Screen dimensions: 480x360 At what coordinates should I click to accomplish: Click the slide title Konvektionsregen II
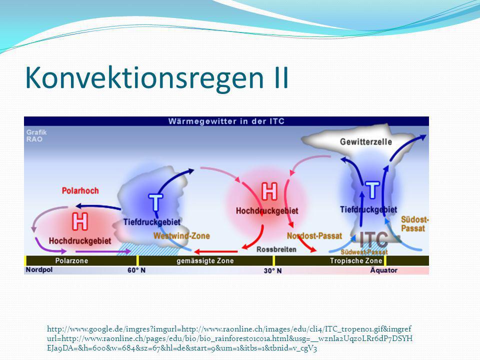(156, 78)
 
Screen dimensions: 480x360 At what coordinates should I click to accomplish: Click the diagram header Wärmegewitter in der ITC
(226, 121)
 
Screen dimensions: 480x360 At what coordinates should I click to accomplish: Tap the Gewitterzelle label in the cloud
(366, 141)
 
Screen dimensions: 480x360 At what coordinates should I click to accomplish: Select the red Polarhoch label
(80, 190)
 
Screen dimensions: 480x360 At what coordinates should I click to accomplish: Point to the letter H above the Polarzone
(80, 221)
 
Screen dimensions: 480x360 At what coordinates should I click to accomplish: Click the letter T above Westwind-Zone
(155, 202)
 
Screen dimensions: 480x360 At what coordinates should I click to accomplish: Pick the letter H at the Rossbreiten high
(269, 191)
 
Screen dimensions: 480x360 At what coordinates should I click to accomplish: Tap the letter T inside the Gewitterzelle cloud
(372, 190)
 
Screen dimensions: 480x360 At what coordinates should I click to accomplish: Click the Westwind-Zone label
(181, 235)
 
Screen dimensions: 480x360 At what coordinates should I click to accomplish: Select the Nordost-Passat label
(314, 236)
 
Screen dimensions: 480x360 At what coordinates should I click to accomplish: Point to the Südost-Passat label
(415, 224)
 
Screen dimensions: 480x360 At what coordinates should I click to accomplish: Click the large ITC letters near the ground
(373, 239)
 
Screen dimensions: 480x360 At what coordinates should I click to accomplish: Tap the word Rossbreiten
(276, 249)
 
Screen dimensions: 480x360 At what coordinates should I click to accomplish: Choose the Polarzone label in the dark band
(71, 261)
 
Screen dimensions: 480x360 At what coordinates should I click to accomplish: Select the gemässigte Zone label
(205, 261)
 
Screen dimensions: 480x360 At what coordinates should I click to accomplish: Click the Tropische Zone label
(356, 261)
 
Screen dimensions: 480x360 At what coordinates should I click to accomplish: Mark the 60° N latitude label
(136, 270)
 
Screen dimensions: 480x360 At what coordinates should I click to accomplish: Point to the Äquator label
(384, 270)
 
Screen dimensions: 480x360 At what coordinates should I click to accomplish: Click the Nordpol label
(39, 269)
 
